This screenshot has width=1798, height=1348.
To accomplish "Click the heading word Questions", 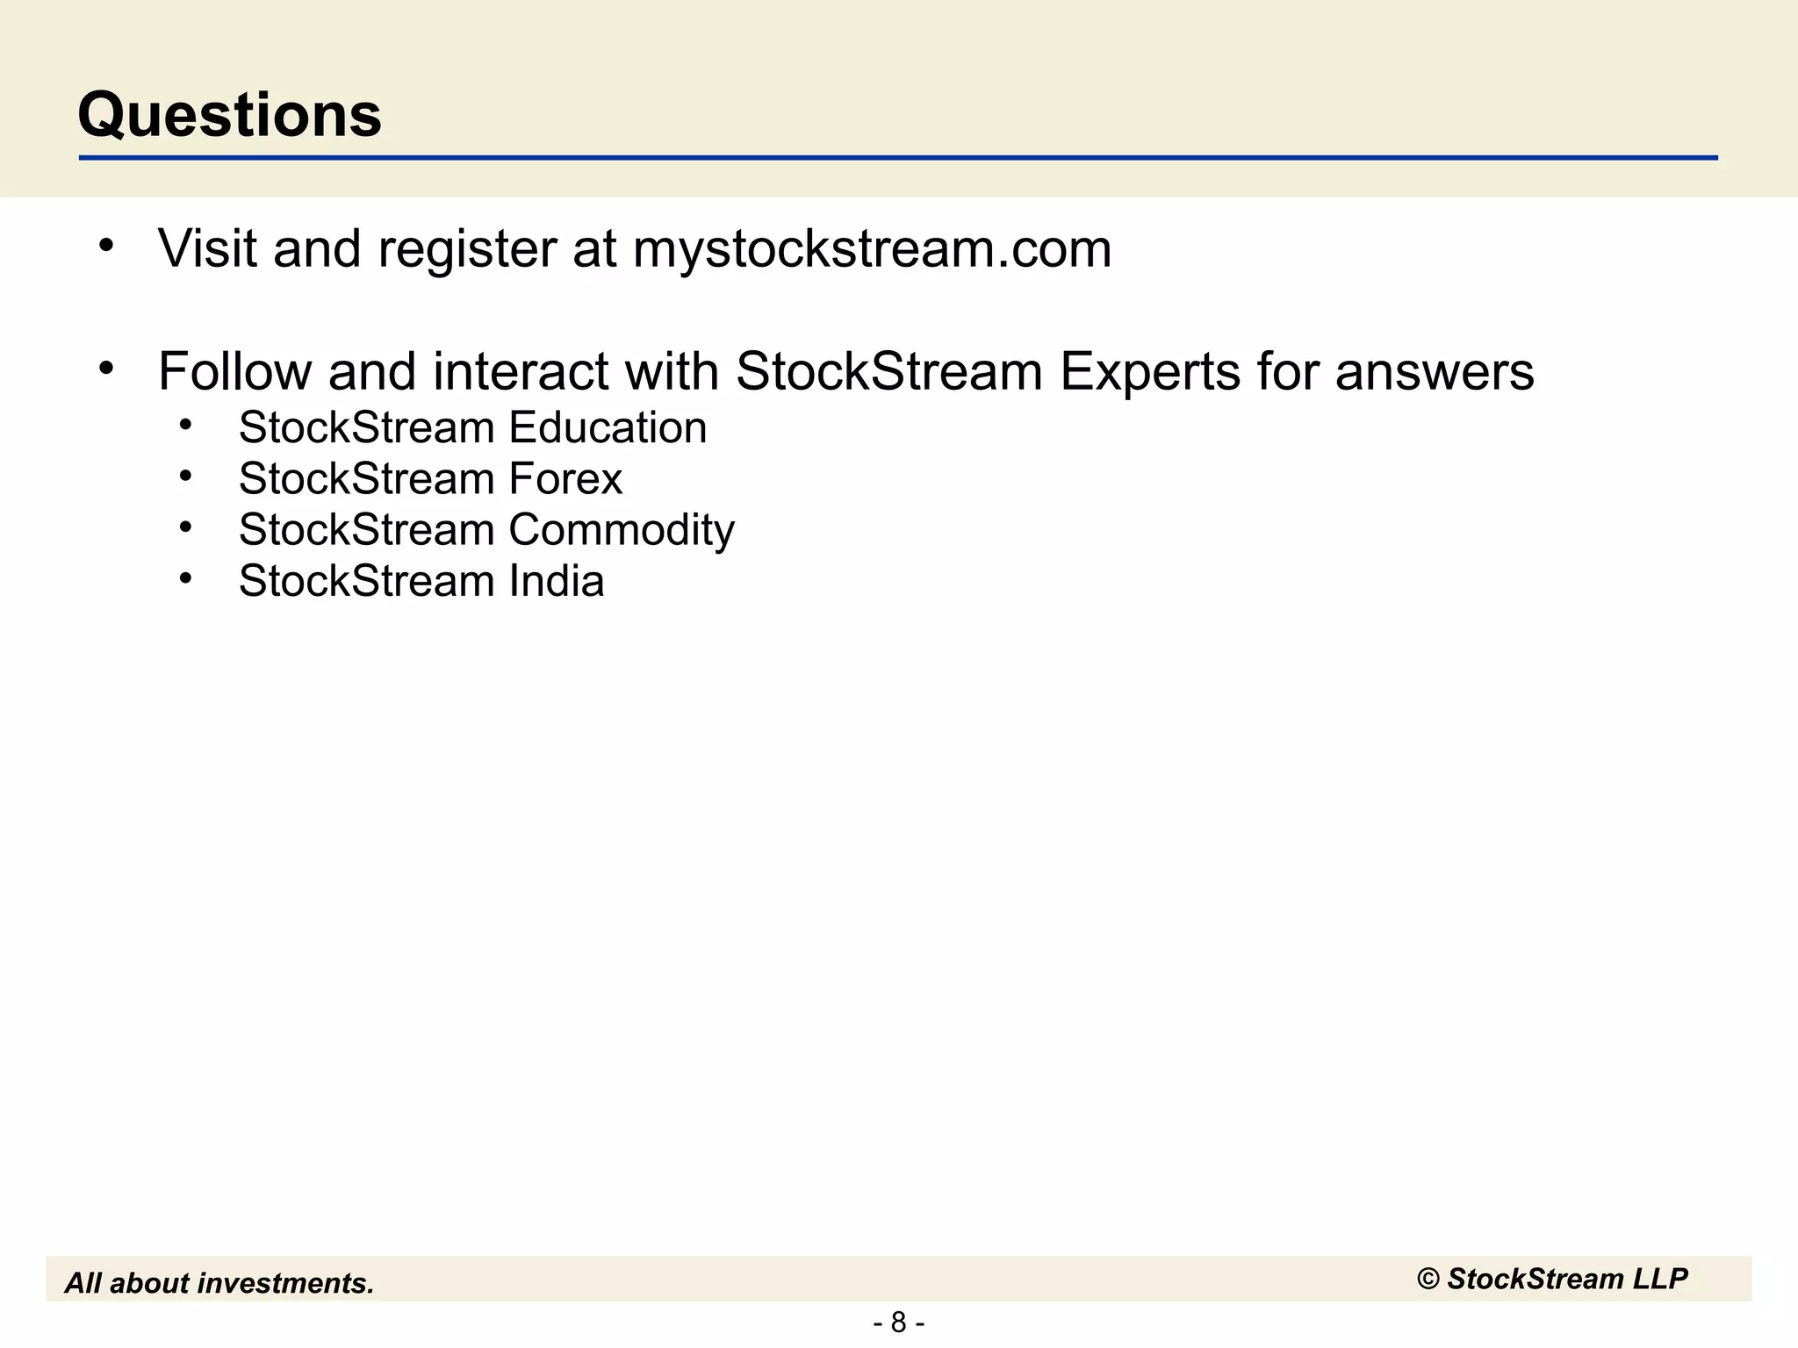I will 230,115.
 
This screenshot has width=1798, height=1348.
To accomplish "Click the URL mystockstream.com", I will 872,249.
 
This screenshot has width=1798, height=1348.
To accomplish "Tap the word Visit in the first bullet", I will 207,248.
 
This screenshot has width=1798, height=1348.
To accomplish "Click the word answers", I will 1435,372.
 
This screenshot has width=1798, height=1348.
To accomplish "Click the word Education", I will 608,428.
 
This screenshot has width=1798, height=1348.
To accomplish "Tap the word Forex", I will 565,479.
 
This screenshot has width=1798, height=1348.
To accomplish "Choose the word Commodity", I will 622,531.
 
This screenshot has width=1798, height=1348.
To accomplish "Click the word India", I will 557,581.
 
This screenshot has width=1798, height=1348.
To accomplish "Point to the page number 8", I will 898,1322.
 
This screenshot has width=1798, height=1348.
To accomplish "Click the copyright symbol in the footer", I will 1428,1280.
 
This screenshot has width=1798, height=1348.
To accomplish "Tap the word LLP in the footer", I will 1660,1280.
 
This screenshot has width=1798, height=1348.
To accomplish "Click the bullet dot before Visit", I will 107,246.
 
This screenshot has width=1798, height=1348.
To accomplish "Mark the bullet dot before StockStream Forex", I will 185,476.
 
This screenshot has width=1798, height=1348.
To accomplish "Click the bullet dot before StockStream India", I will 185,578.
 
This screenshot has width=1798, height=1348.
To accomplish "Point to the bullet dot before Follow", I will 107,369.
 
